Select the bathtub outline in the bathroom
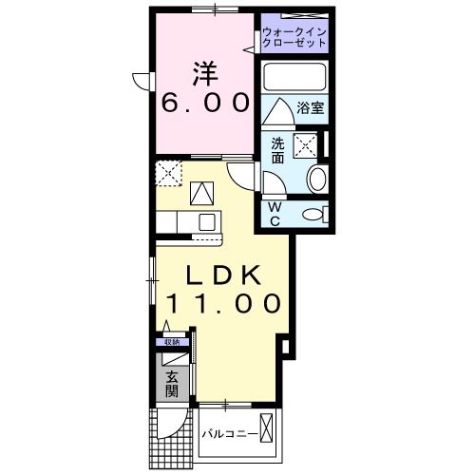(294, 76)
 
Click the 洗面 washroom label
(277, 151)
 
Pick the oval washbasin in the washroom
(317, 178)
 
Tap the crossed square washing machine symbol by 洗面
(305, 145)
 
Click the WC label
(274, 214)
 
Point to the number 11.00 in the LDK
(224, 304)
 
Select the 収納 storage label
(172, 342)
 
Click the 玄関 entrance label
(172, 383)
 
